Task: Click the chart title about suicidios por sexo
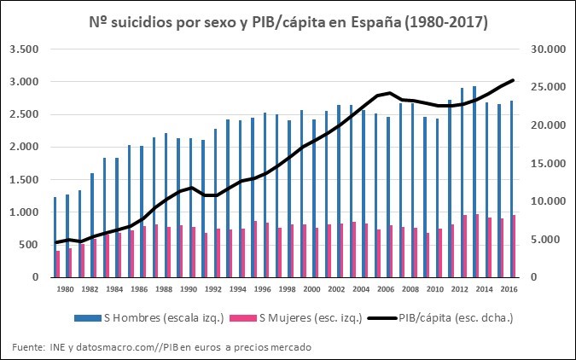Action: point(288,23)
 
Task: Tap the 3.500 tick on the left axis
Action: point(24,49)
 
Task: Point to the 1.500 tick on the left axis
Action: point(24,180)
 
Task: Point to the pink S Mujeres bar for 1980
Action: point(58,264)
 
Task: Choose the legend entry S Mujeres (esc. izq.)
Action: point(308,318)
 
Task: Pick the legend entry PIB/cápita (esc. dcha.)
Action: point(453,318)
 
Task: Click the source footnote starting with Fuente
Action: point(161,346)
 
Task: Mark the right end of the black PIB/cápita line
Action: point(513,80)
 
